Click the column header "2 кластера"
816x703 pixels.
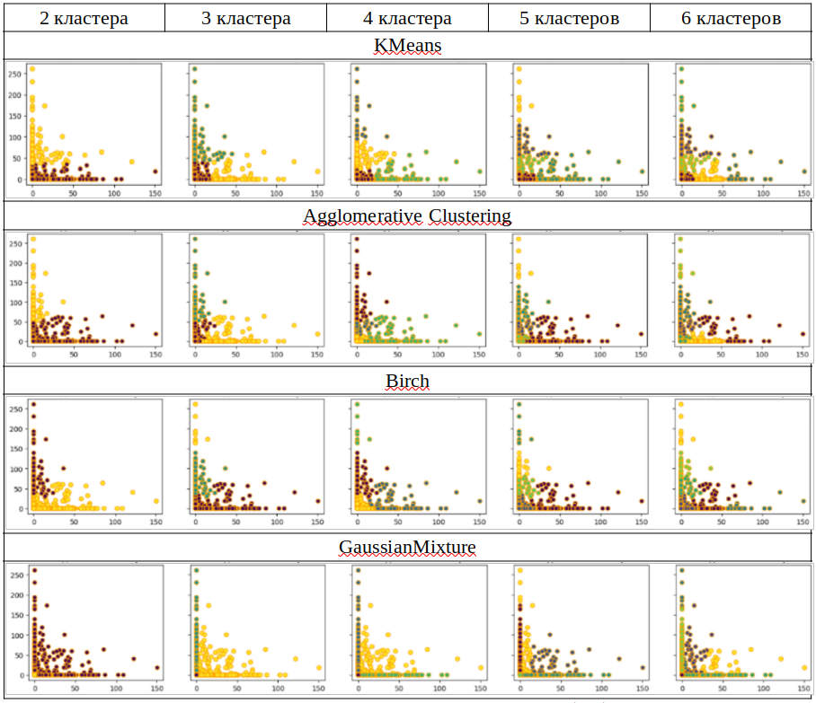pos(84,18)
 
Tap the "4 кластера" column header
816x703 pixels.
pos(407,18)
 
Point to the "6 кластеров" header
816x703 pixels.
pos(731,18)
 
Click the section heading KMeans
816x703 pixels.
pos(407,46)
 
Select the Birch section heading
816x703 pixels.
pos(407,381)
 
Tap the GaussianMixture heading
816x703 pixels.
pos(407,547)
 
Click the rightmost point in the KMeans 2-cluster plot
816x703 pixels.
pos(155,171)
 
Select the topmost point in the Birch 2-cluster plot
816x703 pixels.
pos(33,404)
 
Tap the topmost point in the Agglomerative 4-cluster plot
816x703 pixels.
pos(357,239)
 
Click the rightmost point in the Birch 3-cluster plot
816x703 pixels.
pos(318,501)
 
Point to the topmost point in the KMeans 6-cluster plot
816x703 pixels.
pos(681,69)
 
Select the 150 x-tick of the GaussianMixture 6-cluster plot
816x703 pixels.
pos(803,688)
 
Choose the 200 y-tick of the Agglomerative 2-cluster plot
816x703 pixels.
pos(13,259)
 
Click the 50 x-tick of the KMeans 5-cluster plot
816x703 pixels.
pos(559,193)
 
